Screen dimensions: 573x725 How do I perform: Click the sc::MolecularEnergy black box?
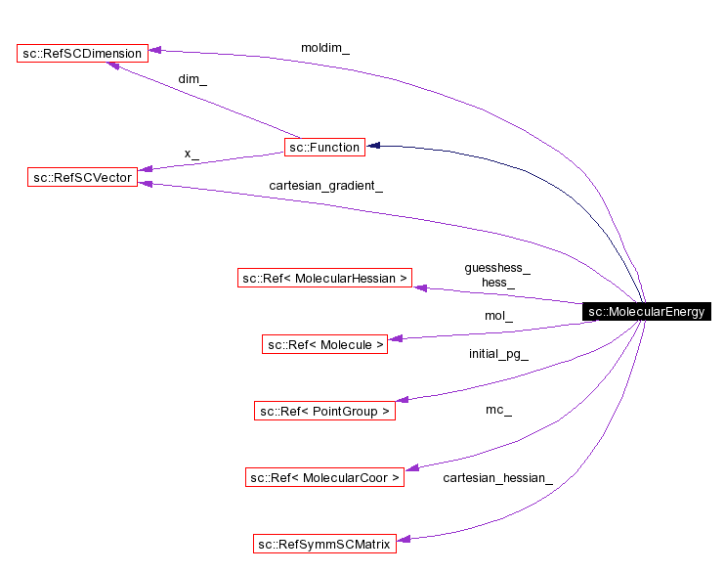click(646, 312)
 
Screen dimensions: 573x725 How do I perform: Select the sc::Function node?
click(324, 147)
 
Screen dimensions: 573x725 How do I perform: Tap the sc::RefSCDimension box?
click(82, 53)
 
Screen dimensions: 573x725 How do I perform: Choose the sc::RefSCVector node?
click(82, 177)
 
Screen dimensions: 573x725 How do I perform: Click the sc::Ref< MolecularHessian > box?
click(324, 278)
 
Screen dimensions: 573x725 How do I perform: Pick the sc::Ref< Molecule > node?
click(324, 344)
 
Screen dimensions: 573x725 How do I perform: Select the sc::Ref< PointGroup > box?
click(324, 412)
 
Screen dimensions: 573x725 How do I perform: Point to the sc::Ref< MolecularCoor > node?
click(324, 477)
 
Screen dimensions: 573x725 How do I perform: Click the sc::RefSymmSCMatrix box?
click(324, 544)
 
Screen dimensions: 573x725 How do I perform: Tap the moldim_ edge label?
click(324, 48)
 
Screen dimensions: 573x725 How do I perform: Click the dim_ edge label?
click(192, 79)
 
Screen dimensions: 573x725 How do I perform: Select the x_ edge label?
click(192, 154)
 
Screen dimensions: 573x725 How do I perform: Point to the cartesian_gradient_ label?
click(325, 185)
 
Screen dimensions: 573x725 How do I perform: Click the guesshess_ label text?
click(497, 267)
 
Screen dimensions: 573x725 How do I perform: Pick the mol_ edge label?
click(497, 316)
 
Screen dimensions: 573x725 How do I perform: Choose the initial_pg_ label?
click(497, 354)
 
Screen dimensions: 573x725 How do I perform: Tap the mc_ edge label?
click(497, 410)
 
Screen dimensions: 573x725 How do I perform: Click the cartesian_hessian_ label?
click(497, 477)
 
